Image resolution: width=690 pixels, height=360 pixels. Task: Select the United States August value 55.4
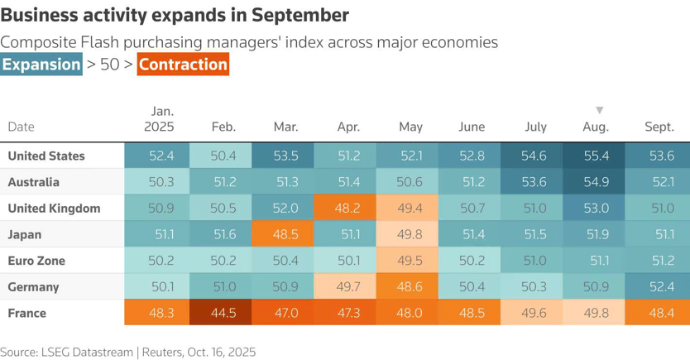(596, 156)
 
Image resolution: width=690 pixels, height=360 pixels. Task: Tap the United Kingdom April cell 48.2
(346, 209)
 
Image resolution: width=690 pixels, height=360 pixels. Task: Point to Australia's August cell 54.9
(596, 182)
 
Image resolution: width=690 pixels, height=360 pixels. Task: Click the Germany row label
(33, 287)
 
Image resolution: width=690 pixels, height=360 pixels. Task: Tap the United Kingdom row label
(54, 209)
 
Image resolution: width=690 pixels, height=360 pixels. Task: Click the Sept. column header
(659, 127)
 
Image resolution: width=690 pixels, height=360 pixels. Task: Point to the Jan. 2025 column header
(159, 119)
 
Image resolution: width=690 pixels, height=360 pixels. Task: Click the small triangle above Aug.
(600, 110)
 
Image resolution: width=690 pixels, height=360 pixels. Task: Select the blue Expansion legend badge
(41, 65)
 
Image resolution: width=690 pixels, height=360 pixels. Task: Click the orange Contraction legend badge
(183, 65)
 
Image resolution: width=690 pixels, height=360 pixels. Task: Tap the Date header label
(21, 127)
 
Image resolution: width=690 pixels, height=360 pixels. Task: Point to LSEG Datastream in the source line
(88, 352)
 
